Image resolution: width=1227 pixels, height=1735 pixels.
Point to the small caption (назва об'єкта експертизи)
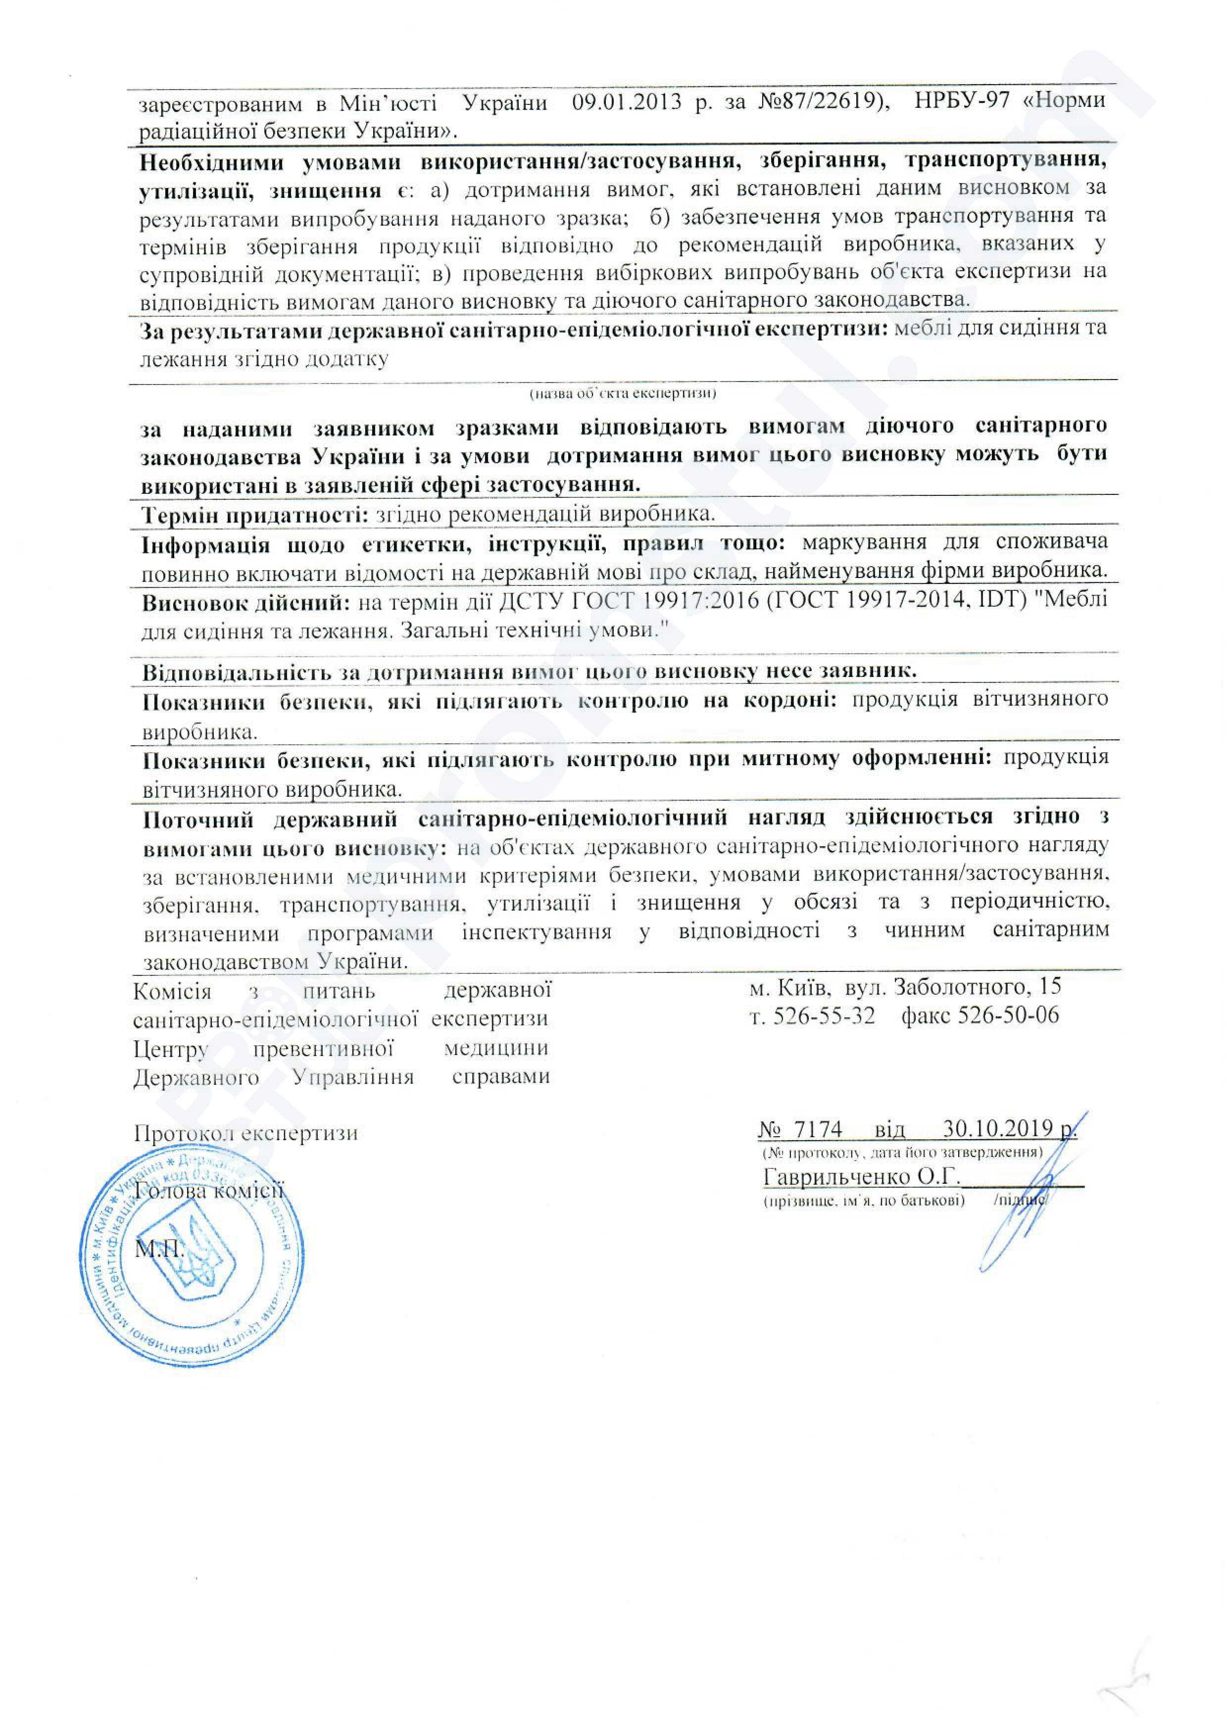pyautogui.click(x=622, y=393)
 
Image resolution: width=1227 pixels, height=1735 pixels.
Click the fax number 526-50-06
pyautogui.click(x=1008, y=1015)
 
